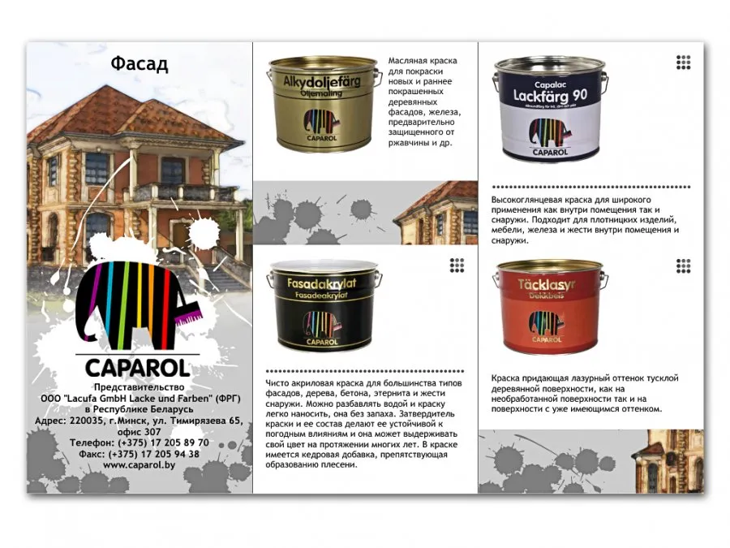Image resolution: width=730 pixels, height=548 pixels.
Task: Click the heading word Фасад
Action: point(139,65)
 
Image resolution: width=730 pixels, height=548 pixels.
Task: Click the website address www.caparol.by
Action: point(138,465)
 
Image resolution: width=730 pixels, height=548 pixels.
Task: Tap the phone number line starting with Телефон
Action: point(138,442)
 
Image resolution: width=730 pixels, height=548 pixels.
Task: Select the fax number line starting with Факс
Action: point(138,454)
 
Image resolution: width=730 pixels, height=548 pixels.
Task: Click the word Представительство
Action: point(139,388)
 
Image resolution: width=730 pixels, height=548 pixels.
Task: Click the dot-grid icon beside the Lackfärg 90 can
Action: point(683,63)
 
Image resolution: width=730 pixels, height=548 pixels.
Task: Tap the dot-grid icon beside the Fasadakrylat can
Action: point(457,265)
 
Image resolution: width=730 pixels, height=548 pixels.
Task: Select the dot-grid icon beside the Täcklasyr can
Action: point(683,265)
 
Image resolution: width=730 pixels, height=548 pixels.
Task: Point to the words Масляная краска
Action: point(423,61)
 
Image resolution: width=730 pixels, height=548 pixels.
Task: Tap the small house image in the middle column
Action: point(439,213)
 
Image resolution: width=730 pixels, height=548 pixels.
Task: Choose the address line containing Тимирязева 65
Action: point(139,421)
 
